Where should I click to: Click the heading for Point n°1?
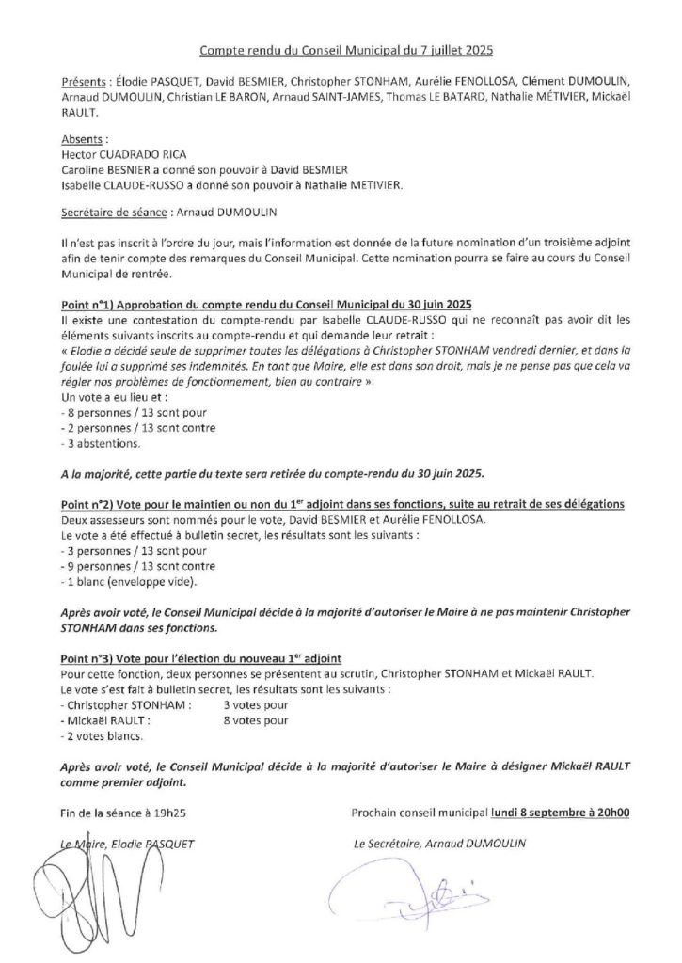271,306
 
